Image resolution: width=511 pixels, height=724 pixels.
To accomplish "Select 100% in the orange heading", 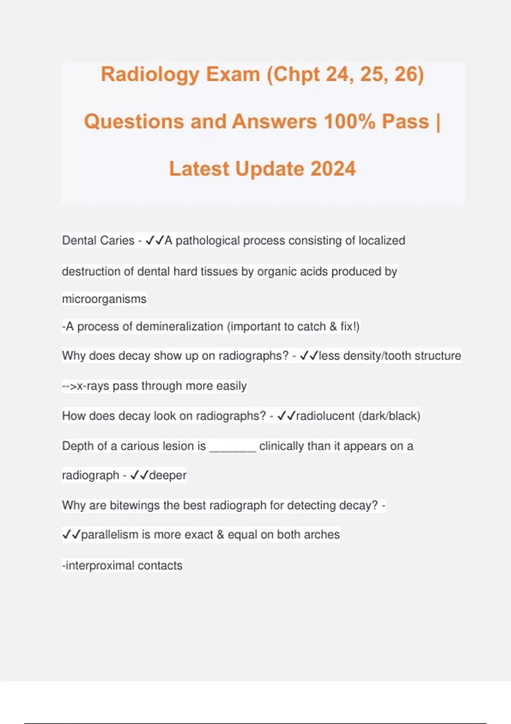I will click(349, 122).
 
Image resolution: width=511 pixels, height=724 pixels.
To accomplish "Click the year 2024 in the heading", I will click(333, 169).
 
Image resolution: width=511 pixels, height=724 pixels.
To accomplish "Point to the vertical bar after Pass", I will click(438, 122).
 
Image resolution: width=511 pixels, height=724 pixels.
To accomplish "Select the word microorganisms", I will click(104, 299).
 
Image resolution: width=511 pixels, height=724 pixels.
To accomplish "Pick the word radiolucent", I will click(325, 416).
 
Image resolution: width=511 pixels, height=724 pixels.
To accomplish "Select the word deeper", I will click(167, 475).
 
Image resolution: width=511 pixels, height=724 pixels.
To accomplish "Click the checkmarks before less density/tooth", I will click(309, 356).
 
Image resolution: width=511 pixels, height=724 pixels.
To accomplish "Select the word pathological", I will click(208, 241).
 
